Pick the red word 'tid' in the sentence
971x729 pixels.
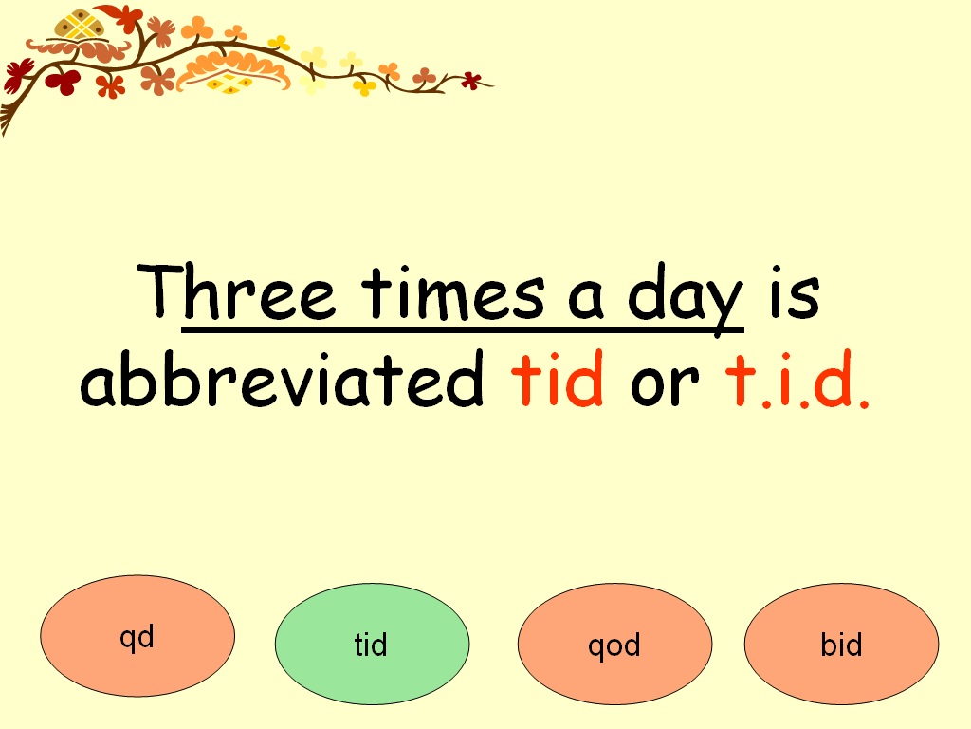click(x=558, y=381)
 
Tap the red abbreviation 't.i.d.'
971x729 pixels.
click(x=797, y=381)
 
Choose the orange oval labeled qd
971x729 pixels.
click(x=137, y=637)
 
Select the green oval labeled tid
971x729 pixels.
click(x=372, y=645)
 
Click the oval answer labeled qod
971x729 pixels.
click(x=614, y=645)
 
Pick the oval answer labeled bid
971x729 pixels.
click(x=841, y=645)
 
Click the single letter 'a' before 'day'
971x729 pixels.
click(x=588, y=296)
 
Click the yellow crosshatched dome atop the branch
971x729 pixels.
click(x=79, y=25)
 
